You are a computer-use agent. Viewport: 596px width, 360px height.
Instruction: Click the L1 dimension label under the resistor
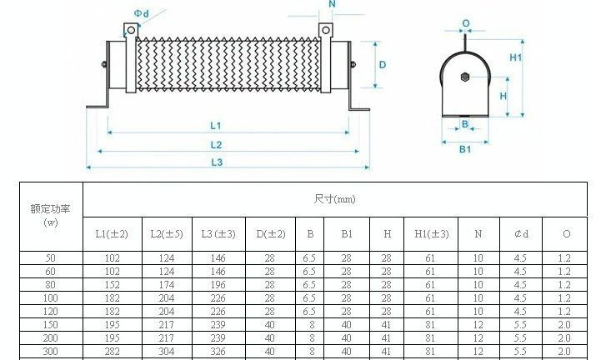216,126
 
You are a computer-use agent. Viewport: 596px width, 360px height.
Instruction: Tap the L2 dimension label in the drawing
216,145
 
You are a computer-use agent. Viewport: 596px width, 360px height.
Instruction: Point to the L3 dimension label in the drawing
217,162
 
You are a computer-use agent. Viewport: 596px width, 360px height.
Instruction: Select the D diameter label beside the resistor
383,65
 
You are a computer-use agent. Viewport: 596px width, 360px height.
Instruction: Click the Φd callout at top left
142,13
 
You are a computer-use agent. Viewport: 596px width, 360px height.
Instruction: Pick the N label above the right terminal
333,4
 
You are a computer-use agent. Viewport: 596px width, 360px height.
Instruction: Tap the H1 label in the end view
516,57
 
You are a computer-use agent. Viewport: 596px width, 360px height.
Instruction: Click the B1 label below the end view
465,149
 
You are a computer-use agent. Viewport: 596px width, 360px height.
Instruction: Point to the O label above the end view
466,23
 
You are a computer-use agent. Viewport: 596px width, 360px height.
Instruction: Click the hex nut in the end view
465,77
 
